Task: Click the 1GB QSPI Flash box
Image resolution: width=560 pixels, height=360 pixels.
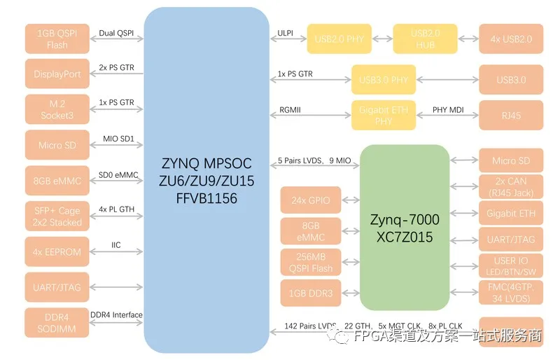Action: coord(57,39)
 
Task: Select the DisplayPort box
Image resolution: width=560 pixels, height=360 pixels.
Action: coord(57,74)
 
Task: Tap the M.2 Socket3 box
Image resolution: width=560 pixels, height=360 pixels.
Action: coord(57,109)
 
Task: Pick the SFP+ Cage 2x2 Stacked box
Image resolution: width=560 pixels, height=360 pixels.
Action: coord(57,216)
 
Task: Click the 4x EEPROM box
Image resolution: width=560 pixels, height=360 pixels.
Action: coord(57,251)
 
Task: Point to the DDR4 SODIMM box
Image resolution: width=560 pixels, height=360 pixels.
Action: coord(57,323)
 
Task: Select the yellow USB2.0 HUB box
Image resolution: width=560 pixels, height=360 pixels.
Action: coord(425,39)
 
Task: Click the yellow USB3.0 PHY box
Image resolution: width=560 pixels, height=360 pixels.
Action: coord(384,80)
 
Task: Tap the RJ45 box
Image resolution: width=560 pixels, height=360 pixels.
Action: coord(511,116)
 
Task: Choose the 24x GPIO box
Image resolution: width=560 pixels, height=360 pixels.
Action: coord(310,201)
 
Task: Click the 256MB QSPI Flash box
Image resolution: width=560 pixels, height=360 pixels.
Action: coord(310,261)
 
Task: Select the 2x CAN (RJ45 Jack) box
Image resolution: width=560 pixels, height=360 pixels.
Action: coord(511,187)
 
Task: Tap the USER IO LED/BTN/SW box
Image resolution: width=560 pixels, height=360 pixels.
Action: coord(511,266)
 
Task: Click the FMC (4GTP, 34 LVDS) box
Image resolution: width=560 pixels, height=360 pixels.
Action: coord(511,292)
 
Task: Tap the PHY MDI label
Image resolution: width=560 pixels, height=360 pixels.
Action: coord(448,109)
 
